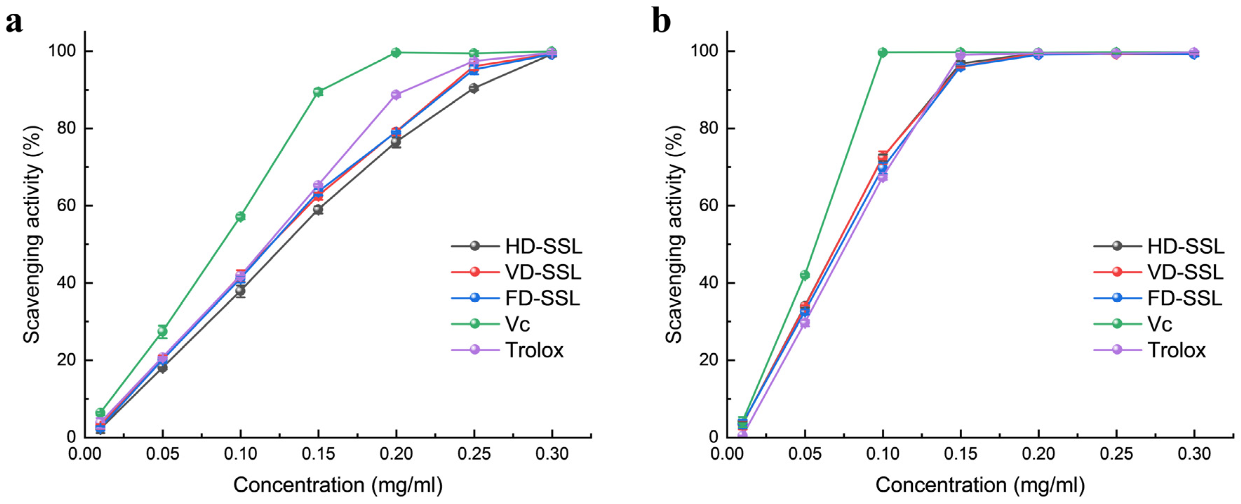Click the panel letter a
[14, 22]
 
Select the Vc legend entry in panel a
[517, 324]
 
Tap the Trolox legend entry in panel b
[1177, 350]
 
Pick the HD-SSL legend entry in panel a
[543, 246]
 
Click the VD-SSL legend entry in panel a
[543, 272]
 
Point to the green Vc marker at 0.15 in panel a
[318, 92]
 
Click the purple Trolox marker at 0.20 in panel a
[396, 94]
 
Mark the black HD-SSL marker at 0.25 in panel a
[474, 88]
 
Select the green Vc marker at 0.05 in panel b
[805, 275]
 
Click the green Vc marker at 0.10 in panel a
[240, 217]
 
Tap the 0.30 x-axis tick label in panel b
[1194, 454]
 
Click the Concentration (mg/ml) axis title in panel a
[338, 485]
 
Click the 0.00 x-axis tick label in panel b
[726, 454]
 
